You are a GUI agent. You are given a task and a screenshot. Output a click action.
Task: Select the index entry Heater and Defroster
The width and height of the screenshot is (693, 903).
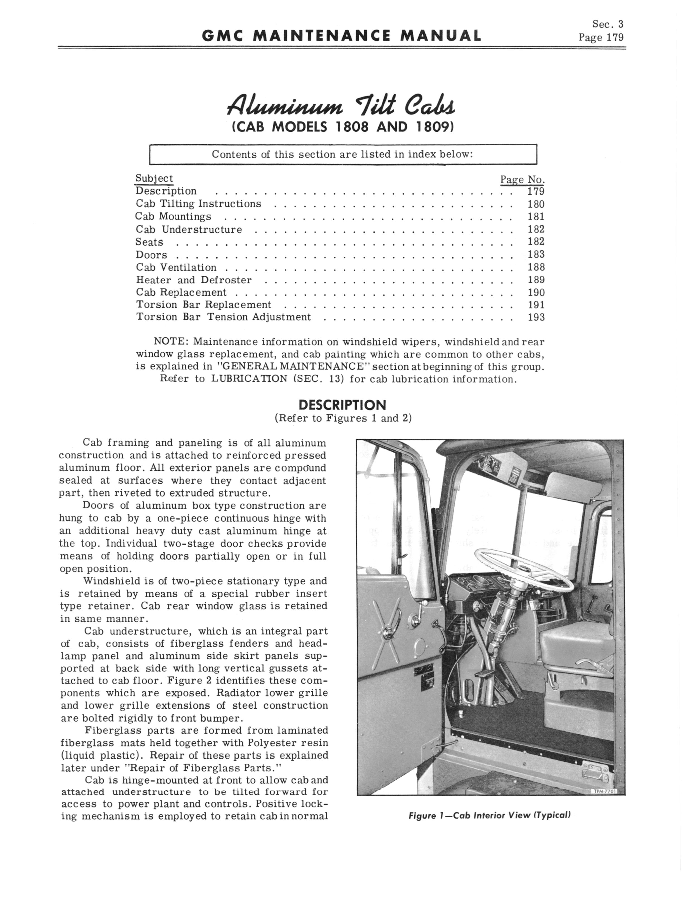(194, 280)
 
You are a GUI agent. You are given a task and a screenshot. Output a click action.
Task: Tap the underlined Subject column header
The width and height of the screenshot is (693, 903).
(154, 179)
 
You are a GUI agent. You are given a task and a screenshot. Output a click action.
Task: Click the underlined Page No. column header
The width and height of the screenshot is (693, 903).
(522, 180)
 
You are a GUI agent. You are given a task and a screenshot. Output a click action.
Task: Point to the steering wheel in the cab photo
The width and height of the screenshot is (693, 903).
(524, 570)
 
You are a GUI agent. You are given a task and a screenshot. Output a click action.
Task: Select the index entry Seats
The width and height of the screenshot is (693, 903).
(149, 242)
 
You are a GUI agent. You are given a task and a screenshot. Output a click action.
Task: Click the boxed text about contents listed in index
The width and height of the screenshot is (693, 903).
(342, 155)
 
